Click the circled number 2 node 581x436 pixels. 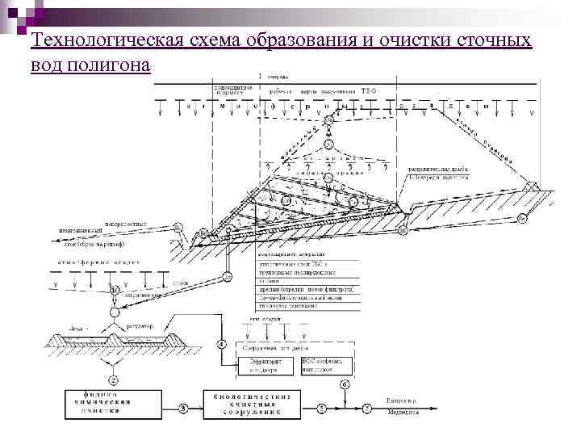[x=113, y=379]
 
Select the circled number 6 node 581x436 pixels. [x=345, y=384]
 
